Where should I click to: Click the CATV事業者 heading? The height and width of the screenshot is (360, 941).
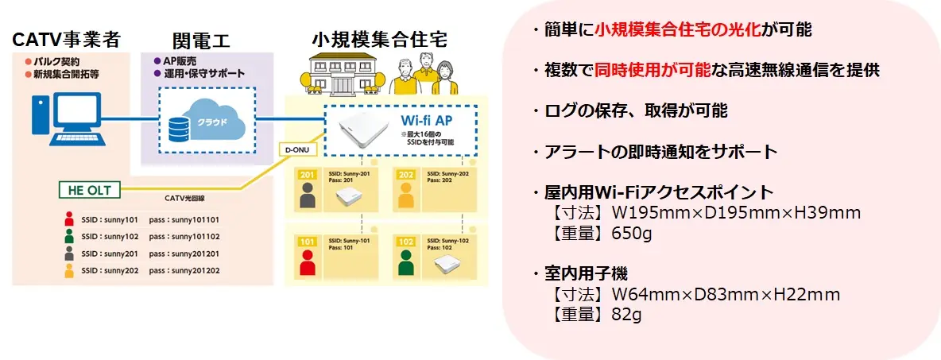point(67,41)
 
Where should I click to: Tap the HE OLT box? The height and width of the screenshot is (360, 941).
point(90,190)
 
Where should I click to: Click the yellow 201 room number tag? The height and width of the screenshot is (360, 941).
point(308,175)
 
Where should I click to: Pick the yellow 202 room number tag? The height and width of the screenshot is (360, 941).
point(406,175)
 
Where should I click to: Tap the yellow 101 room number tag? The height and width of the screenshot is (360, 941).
point(308,242)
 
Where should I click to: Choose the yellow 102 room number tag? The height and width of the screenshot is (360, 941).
point(406,242)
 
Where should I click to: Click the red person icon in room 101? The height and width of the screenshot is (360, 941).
point(307,262)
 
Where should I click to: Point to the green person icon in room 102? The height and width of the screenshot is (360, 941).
point(405,262)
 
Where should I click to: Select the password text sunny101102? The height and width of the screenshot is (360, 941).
point(193,236)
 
